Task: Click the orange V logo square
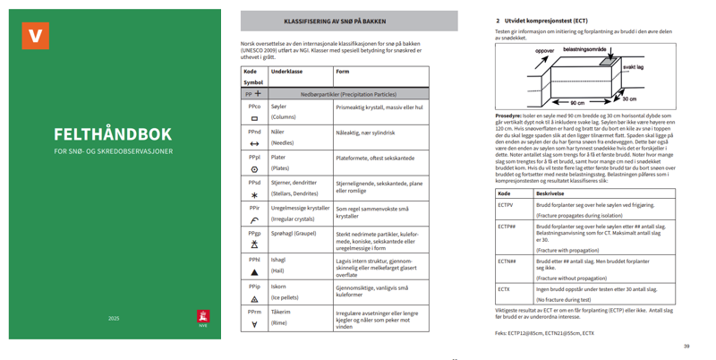(36, 35)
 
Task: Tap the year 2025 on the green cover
(114, 318)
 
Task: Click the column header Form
(342, 71)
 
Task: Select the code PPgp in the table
(254, 233)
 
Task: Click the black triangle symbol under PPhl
(254, 271)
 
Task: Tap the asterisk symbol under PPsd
(254, 194)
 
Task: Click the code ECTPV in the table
(506, 205)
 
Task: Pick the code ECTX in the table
(504, 289)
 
